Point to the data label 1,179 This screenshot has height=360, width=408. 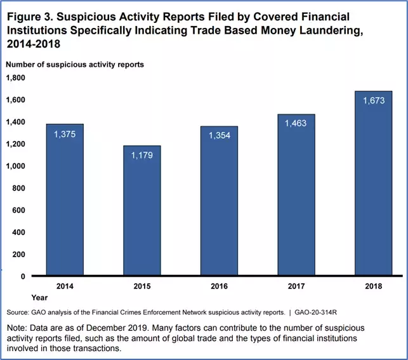(x=143, y=156)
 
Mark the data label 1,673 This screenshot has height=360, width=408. (x=373, y=101)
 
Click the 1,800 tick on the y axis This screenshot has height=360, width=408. (x=15, y=78)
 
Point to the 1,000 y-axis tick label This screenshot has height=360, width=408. (x=15, y=166)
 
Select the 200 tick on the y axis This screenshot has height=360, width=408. (x=19, y=255)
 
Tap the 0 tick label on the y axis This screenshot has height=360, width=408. (x=23, y=277)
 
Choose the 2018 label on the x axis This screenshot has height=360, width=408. (x=373, y=287)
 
